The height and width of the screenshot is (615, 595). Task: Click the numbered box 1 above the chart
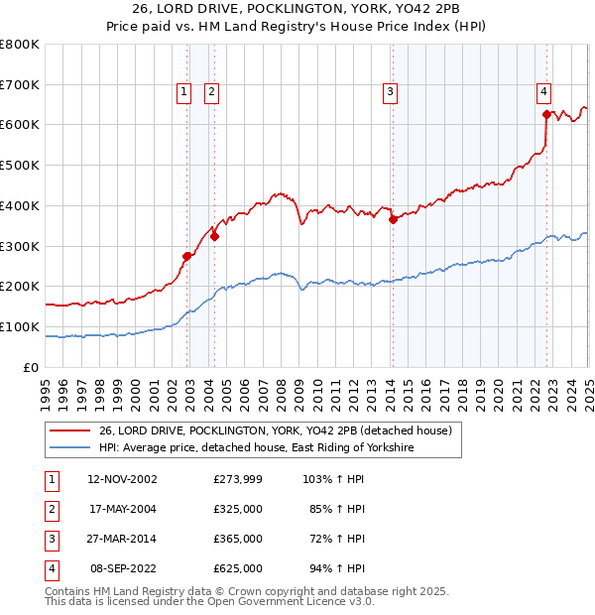[x=184, y=93]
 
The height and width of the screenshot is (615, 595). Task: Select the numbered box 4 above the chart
[x=544, y=93]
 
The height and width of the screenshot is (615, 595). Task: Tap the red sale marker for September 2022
[x=546, y=114]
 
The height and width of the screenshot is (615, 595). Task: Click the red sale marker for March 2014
[x=393, y=220]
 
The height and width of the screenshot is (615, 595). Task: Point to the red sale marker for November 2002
[x=186, y=256]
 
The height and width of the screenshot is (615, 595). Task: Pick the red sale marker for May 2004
[x=214, y=235]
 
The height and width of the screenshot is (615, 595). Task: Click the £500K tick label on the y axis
[x=20, y=165]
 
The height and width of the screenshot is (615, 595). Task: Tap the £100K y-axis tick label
[x=20, y=326]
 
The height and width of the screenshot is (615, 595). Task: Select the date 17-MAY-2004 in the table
[x=123, y=509]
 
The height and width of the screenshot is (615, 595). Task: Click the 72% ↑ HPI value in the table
[x=342, y=539]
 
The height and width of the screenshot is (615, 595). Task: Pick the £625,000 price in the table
[x=238, y=568]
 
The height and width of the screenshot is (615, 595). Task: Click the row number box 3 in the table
[x=50, y=539]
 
